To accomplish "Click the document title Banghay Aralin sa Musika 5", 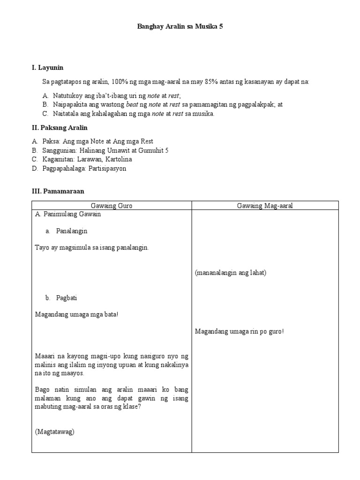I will (180, 27).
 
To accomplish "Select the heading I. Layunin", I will (47, 68).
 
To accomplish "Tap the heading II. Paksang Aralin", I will (60, 127).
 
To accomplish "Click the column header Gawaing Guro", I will (112, 206).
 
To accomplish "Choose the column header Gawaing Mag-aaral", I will (265, 206).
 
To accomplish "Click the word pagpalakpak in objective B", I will (254, 105).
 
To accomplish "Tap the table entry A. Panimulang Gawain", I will (68, 214).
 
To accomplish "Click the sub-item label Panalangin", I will (72, 231).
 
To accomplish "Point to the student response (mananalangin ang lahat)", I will (231, 273).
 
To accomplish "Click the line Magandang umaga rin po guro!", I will (240, 331).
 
